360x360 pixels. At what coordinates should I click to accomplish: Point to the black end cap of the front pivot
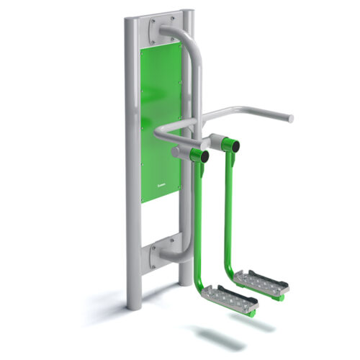tap(204, 156)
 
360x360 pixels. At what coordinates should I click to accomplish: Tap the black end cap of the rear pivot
tap(235, 145)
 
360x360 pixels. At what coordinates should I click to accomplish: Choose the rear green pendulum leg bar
tap(231, 209)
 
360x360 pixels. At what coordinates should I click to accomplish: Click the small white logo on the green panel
tap(162, 184)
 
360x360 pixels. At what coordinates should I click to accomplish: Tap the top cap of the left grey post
tap(129, 21)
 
